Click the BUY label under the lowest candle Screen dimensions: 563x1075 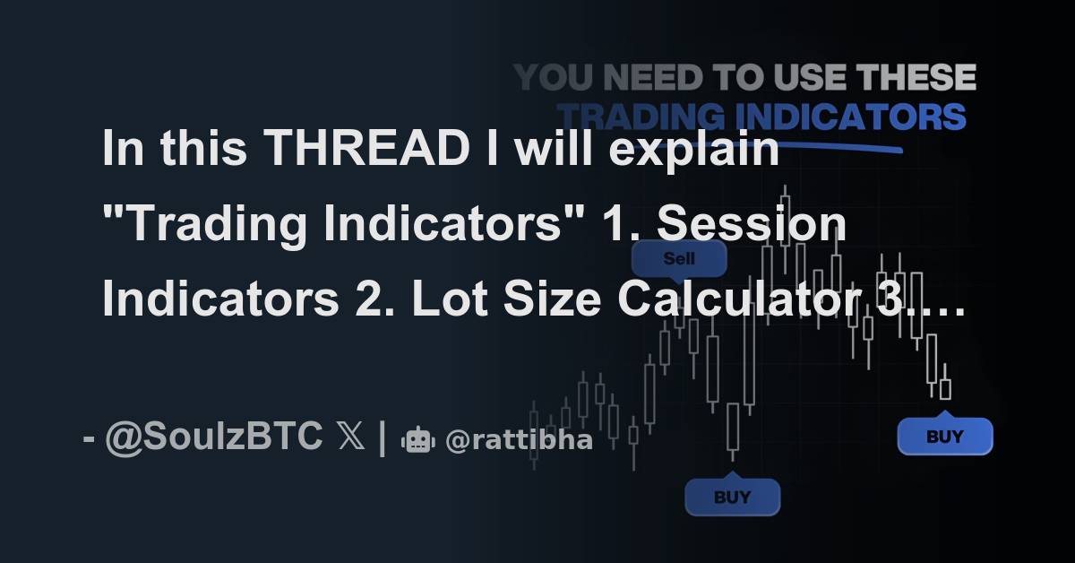[x=732, y=497]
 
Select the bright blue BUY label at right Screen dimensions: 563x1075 [x=944, y=437]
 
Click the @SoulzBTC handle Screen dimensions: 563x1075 [x=214, y=437]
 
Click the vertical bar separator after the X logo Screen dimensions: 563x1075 [x=383, y=437]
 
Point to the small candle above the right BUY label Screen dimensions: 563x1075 [x=944, y=389]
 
